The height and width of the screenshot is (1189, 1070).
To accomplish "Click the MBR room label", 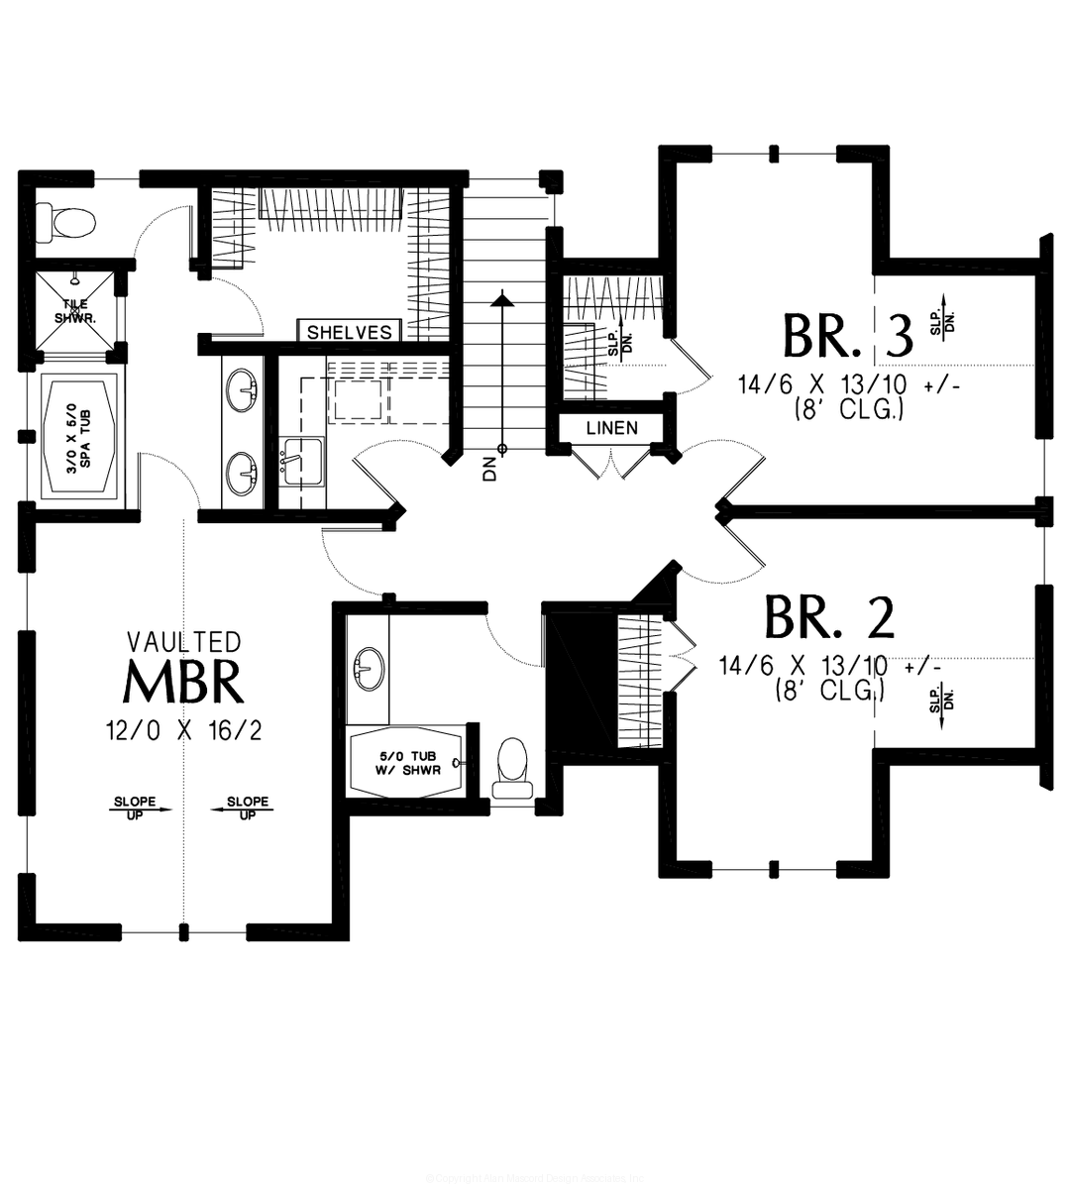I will pos(184,682).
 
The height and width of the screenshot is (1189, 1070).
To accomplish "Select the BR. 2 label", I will pos(829,617).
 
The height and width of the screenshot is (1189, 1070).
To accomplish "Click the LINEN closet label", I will pos(611,428).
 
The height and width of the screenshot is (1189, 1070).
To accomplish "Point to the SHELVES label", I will pos(349,332).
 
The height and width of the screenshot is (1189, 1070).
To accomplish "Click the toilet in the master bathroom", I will pos(66,221).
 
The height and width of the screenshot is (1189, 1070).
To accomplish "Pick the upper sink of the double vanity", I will pos(241,390).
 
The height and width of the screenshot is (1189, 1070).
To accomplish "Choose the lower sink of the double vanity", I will pos(241,473).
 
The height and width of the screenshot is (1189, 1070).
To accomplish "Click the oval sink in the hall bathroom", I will pos(369,669).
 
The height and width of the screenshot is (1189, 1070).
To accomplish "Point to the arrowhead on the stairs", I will pos(503,296).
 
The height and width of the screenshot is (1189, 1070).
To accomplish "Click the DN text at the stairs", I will pos(490,468).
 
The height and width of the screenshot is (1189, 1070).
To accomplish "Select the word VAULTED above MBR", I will pos(183,642).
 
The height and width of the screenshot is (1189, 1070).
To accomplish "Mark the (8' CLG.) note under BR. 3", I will pos(848,410).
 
